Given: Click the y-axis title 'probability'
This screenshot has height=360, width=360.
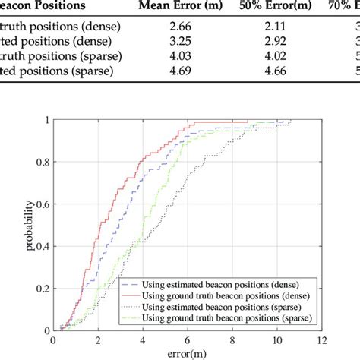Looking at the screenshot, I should click(x=30, y=225).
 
